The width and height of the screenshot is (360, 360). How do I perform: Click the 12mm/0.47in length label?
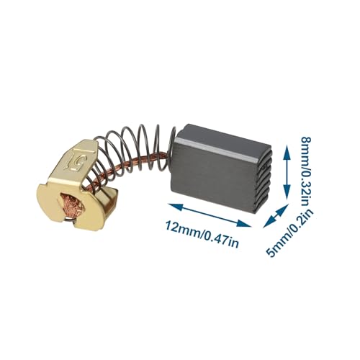coord(202,234)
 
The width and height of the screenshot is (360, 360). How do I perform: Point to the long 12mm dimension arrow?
coord(210,215)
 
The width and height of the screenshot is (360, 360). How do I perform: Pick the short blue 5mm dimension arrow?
coord(276,215)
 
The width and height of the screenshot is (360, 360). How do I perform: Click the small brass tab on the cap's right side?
coord(110,200)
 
